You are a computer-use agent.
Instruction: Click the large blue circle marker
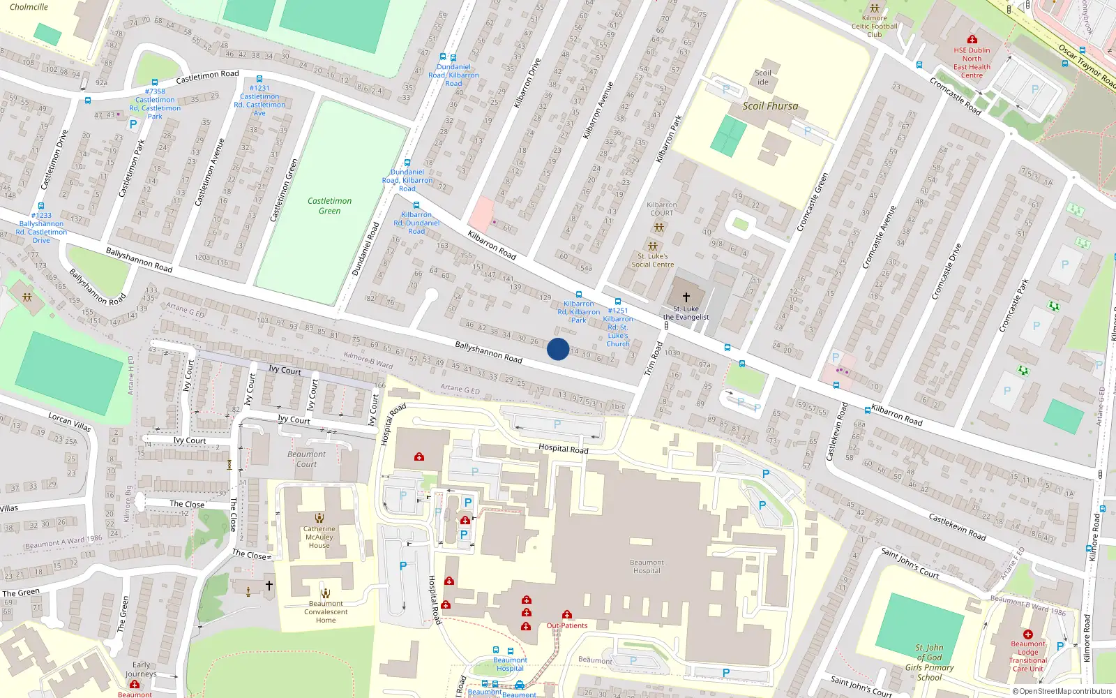(558, 349)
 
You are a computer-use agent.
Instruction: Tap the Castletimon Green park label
(330, 206)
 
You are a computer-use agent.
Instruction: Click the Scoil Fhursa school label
(770, 106)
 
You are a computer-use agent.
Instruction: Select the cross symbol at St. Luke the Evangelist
(686, 297)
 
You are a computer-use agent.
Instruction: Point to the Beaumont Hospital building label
(647, 567)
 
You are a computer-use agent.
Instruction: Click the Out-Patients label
(566, 625)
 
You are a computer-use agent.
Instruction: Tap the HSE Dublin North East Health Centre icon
(972, 39)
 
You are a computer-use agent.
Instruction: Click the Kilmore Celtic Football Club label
(875, 27)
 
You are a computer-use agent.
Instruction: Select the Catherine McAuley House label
(319, 537)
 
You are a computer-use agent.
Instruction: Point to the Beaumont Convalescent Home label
(326, 612)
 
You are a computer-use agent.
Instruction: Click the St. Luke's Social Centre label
(653, 260)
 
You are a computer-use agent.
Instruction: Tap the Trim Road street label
(654, 359)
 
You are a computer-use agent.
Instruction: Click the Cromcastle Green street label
(813, 202)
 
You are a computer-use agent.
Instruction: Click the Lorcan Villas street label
(69, 422)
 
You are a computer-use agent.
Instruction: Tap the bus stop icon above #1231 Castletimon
(259, 80)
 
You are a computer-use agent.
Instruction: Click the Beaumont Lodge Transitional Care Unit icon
(1028, 634)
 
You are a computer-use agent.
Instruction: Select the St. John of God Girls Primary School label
(930, 662)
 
